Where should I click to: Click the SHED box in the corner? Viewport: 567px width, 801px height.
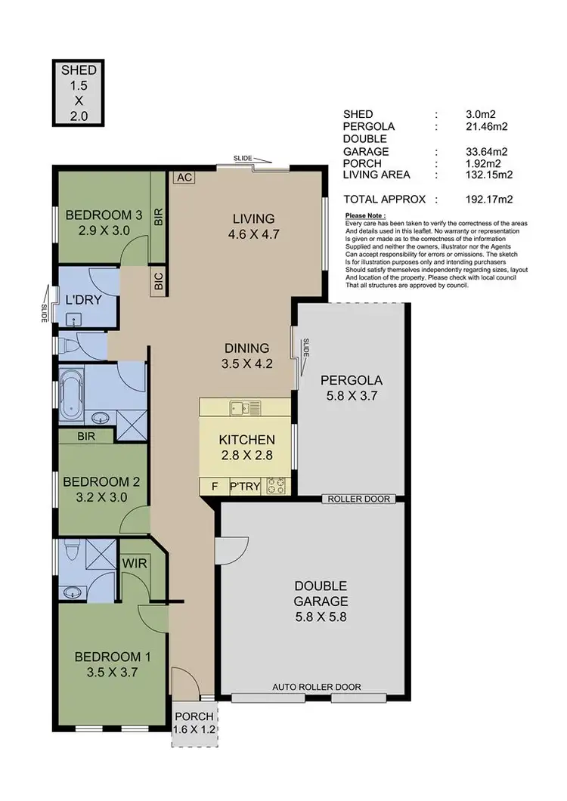point(79,93)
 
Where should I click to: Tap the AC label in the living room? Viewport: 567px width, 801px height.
point(182,178)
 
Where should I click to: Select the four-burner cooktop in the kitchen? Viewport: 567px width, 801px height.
point(276,486)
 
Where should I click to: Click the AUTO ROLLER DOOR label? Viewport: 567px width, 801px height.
point(317,687)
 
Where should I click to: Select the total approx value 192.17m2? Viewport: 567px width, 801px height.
point(489,199)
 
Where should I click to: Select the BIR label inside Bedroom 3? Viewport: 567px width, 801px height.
point(159,218)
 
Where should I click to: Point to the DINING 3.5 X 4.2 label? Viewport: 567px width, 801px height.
point(246,355)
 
